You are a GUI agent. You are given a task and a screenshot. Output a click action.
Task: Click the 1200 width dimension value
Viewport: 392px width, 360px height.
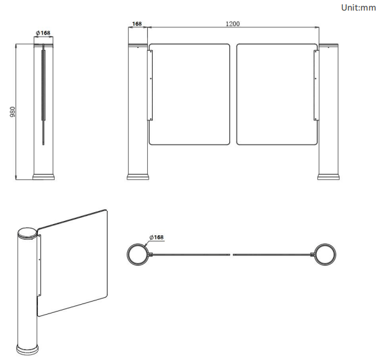pyautogui.click(x=232, y=24)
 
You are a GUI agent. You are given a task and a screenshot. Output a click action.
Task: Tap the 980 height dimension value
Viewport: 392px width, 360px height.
pyautogui.click(x=12, y=112)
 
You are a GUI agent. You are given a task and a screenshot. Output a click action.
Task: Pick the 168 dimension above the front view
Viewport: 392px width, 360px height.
pyautogui.click(x=137, y=24)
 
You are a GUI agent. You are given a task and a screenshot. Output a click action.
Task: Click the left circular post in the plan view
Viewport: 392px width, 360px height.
pyautogui.click(x=137, y=253)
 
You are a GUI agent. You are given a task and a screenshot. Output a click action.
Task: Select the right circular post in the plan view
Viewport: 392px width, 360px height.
pyautogui.click(x=325, y=253)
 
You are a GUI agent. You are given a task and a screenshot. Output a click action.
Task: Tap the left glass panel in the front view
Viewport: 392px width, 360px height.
pyautogui.click(x=189, y=93)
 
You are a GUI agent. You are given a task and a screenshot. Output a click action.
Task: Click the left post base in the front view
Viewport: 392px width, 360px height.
pyautogui.click(x=138, y=176)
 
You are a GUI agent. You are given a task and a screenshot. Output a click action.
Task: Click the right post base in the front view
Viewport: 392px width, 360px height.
pyautogui.click(x=328, y=176)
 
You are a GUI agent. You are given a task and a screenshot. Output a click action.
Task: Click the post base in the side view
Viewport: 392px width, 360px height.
pyautogui.click(x=43, y=177)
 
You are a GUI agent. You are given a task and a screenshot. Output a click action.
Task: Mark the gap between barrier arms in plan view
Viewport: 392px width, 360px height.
pyautogui.click(x=233, y=254)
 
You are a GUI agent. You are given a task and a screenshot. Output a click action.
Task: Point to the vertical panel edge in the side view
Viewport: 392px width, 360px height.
pyautogui.click(x=43, y=93)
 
